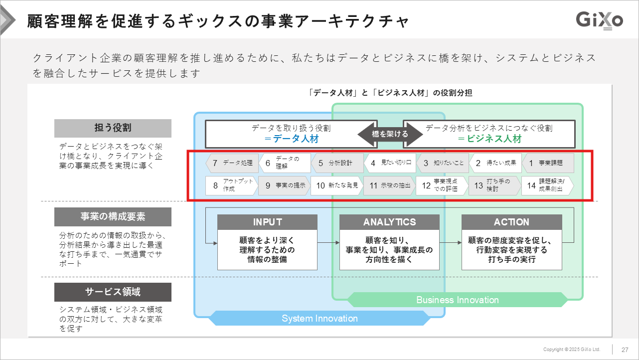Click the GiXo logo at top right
[x=599, y=20]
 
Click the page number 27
[x=625, y=349]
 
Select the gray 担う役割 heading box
[x=113, y=128]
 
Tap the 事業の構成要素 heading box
[x=113, y=217]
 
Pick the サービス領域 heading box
[x=113, y=292]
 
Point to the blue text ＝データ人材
[x=292, y=139]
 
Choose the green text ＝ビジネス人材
[x=490, y=139]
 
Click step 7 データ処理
[x=232, y=163]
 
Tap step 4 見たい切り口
[x=390, y=163]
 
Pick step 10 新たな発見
[x=337, y=185]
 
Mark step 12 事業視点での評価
[x=442, y=185]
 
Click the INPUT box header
[x=267, y=222]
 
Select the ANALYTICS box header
[x=389, y=222]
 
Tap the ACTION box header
[x=511, y=222]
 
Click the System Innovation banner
[x=319, y=318]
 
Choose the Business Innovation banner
[x=457, y=300]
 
